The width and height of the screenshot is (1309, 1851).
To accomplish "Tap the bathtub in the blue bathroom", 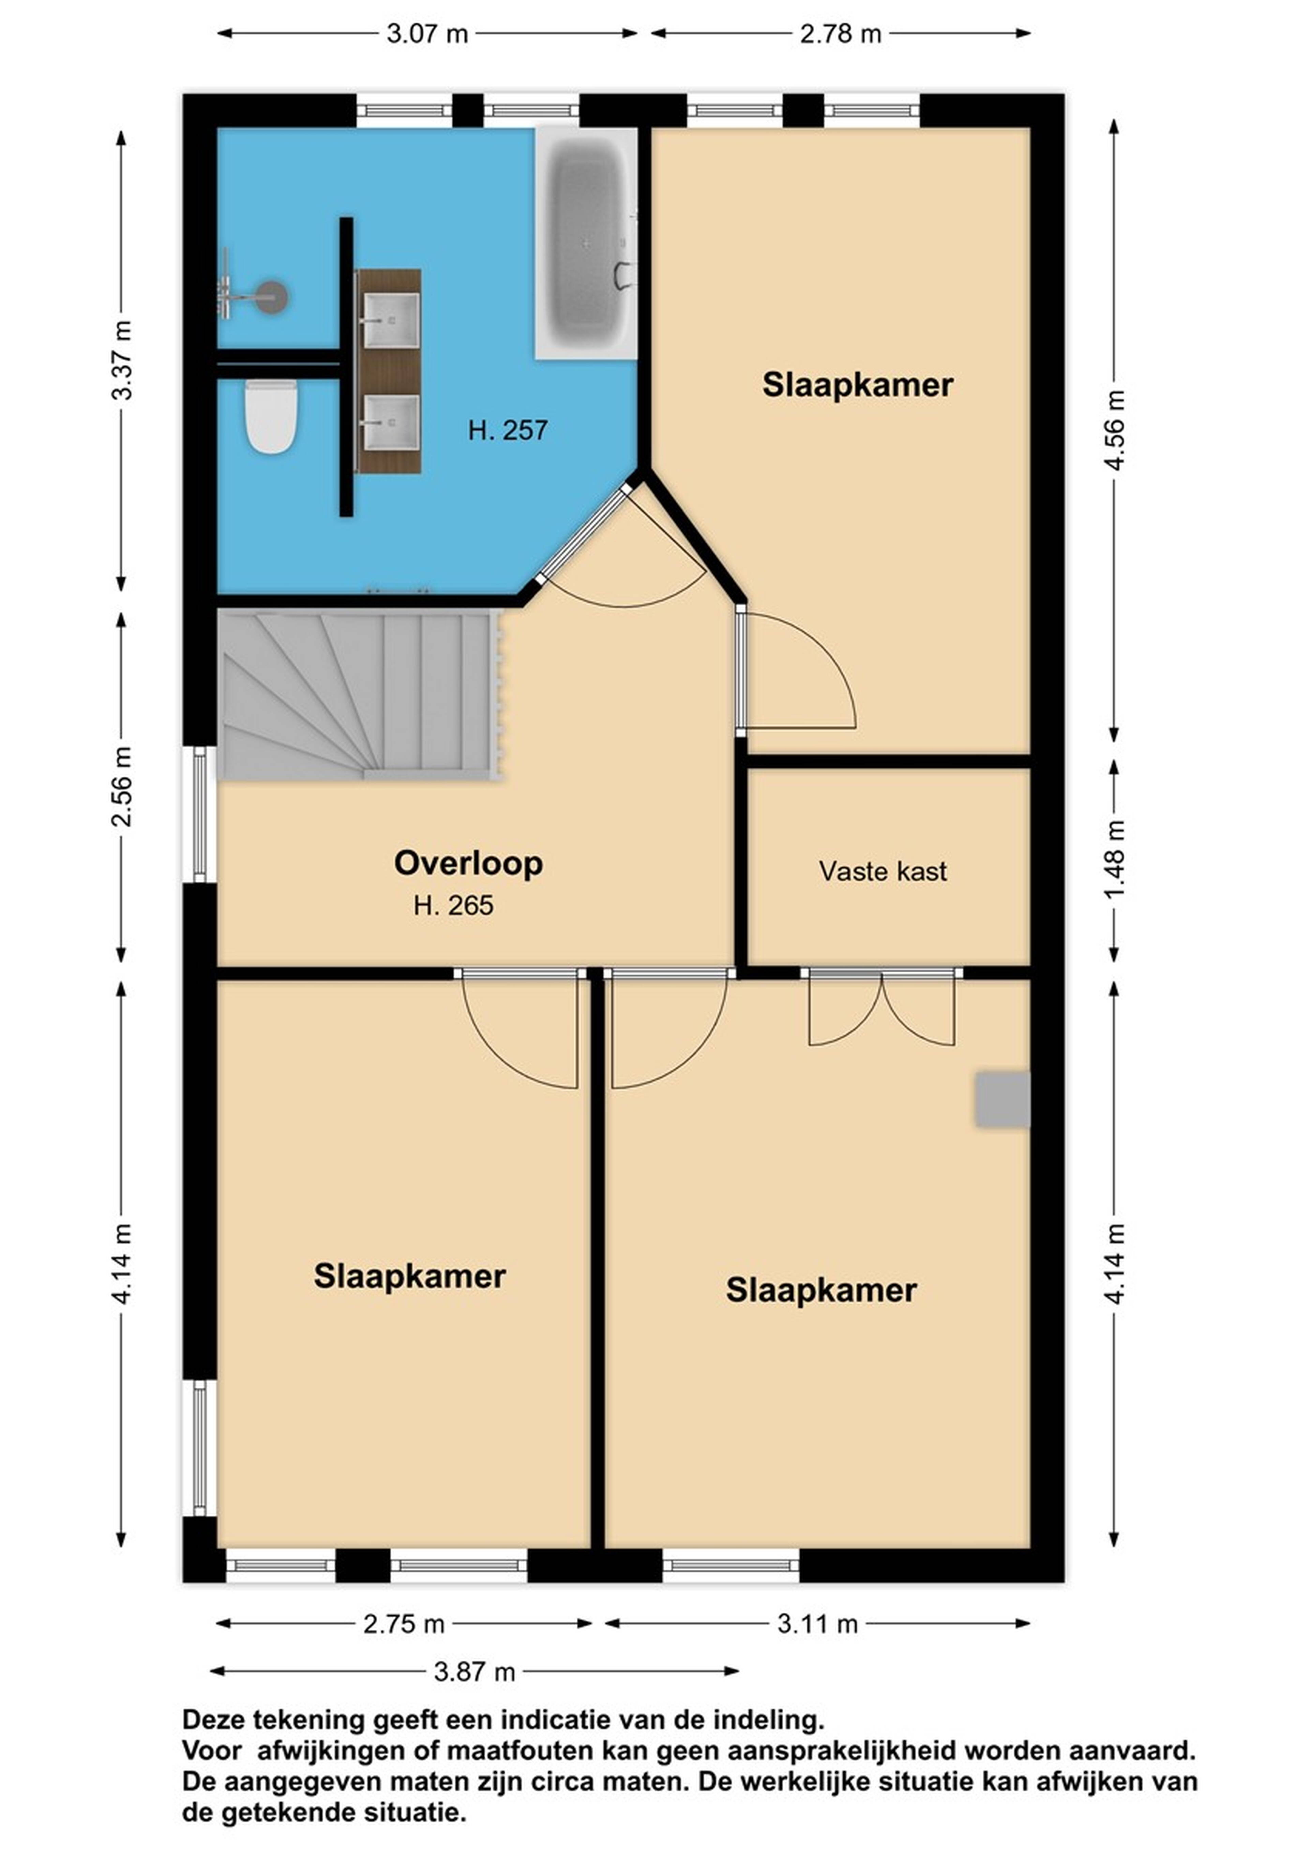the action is point(586,243).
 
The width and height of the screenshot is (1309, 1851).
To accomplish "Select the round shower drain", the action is point(272,296).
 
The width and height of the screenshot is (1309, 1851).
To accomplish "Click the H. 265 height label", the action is point(453,905).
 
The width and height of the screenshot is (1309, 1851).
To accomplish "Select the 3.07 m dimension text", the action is point(427,34).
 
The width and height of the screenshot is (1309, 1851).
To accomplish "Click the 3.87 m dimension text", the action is point(474,1671).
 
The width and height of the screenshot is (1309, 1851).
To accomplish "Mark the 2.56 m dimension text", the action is point(122,787).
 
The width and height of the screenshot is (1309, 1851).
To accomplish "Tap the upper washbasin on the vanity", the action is point(390,319).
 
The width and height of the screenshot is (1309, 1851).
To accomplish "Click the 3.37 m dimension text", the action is point(122,360).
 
